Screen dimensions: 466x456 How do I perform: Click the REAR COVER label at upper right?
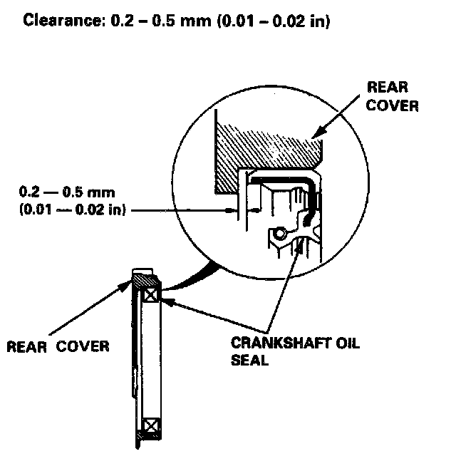coord(391,96)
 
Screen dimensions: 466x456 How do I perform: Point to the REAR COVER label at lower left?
coord(58,347)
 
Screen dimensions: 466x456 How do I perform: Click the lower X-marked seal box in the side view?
coord(151,427)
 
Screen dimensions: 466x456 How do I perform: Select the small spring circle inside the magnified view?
coord(279,234)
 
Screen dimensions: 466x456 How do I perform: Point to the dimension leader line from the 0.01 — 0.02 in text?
coord(178,209)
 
